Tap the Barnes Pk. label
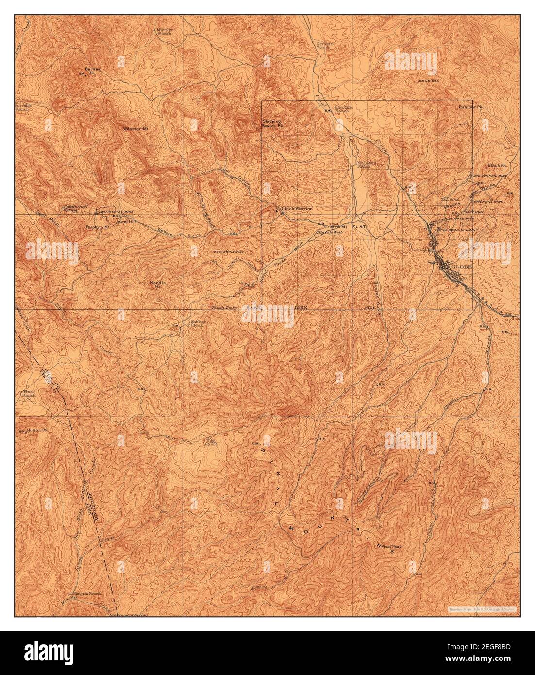pos(92,71)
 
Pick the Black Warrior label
pos(297,209)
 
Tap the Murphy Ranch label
pos(165,31)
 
